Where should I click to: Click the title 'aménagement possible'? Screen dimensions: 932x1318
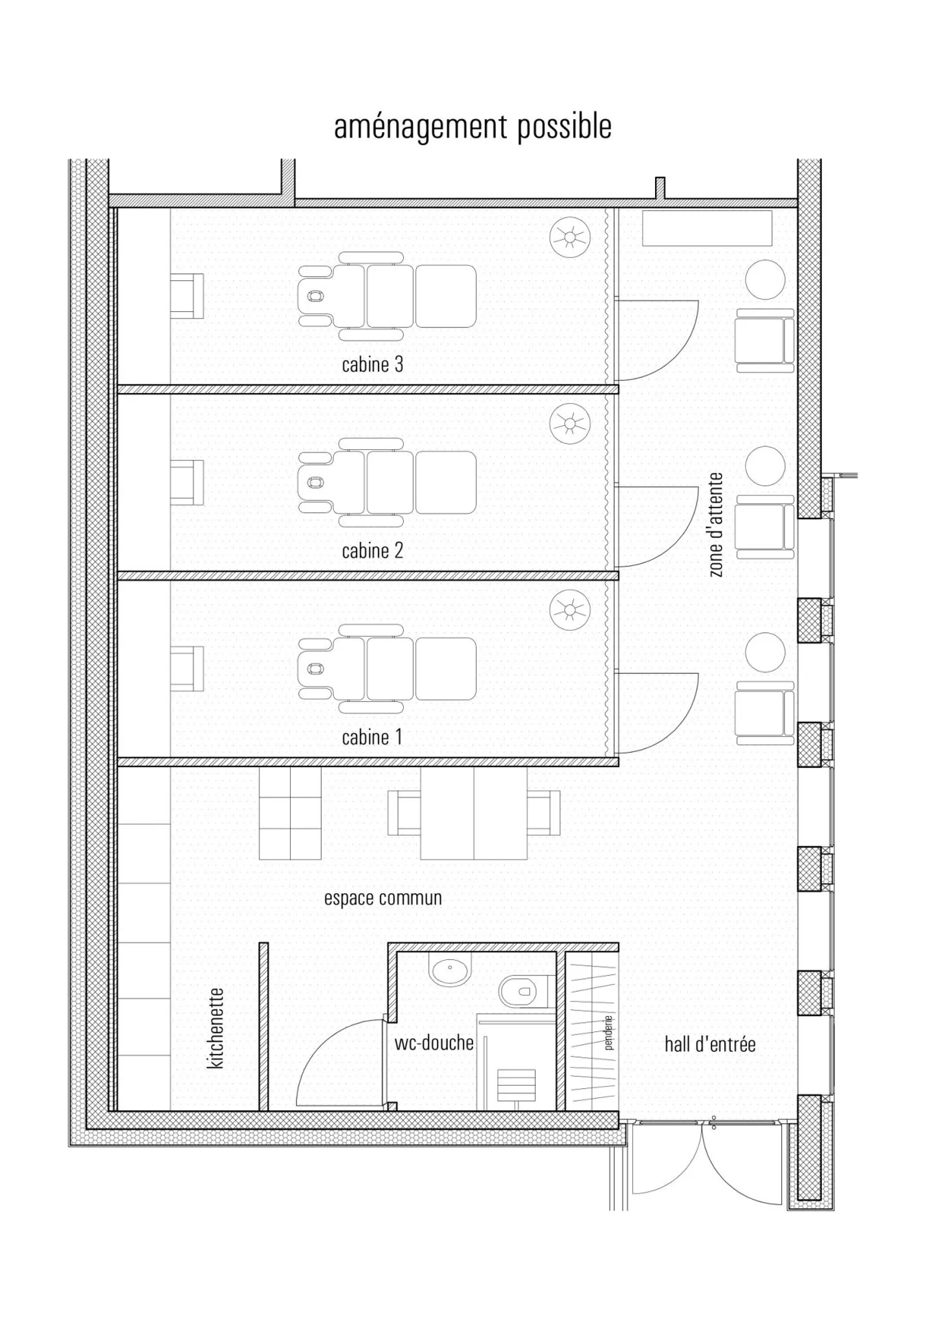[472, 128]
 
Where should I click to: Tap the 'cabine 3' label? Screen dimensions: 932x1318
[372, 364]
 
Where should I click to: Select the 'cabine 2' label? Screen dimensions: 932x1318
[372, 551]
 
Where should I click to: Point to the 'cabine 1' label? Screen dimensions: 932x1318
[372, 737]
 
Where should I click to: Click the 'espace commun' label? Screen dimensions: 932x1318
[383, 898]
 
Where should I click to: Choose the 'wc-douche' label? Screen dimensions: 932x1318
[434, 1043]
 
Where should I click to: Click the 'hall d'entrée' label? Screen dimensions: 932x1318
[710, 1044]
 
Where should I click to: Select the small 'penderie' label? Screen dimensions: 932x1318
[608, 1032]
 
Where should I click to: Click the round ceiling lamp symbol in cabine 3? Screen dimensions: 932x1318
[570, 238]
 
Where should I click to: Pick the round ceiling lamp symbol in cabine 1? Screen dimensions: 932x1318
[570, 610]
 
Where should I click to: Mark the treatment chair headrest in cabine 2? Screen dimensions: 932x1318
[315, 482]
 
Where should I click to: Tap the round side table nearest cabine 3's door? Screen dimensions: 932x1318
[765, 280]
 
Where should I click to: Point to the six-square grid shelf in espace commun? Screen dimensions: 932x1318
[290, 814]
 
